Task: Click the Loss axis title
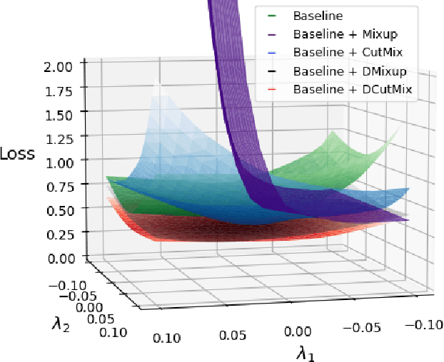(x=17, y=153)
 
